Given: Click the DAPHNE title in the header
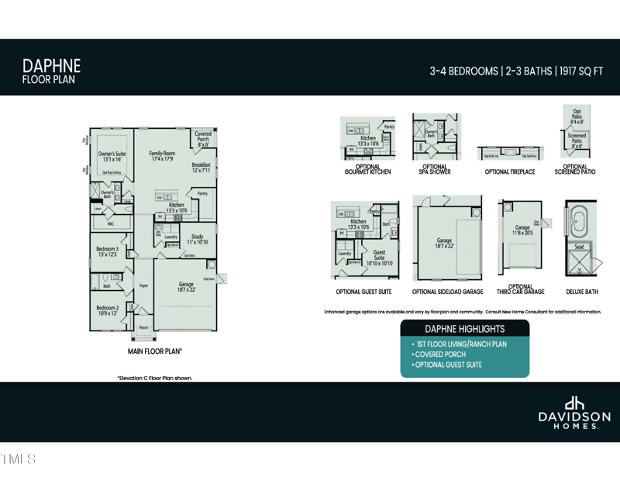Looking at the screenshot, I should [x=51, y=64].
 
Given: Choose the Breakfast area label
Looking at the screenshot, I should [x=201, y=168].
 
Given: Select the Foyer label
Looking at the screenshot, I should [x=143, y=285].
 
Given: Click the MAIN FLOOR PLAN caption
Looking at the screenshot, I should [x=154, y=351].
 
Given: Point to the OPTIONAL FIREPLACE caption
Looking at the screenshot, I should [x=509, y=171].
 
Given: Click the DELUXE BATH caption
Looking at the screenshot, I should [x=581, y=292].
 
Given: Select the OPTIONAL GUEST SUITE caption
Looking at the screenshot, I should [x=363, y=292].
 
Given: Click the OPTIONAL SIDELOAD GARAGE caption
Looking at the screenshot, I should [x=447, y=292].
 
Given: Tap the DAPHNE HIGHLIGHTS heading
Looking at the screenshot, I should [x=464, y=329].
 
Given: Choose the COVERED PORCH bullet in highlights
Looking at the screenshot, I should [x=440, y=355].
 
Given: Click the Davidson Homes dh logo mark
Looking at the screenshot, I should [x=574, y=403].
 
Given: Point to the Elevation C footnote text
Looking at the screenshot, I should [x=154, y=378].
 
